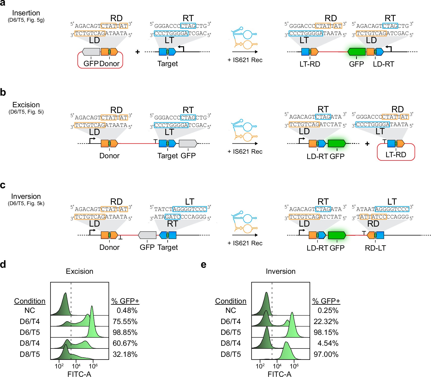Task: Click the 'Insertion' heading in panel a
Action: click(26, 13)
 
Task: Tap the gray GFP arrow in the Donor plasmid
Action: click(91, 52)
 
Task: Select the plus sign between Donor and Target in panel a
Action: click(137, 52)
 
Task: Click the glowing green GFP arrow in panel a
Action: click(356, 52)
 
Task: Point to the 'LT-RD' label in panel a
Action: click(310, 64)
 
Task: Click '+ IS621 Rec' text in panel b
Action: click(245, 151)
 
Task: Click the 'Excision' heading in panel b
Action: click(26, 105)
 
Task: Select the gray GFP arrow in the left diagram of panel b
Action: click(188, 144)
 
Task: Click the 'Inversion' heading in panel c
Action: click(26, 196)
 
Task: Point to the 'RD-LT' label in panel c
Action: click(375, 248)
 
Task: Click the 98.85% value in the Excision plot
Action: click(125, 332)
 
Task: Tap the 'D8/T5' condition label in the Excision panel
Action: click(30, 354)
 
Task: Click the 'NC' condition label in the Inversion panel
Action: click(231, 310)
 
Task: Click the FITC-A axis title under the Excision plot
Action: click(79, 374)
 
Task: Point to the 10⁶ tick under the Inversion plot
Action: click(294, 366)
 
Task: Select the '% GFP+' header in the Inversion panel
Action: click(326, 301)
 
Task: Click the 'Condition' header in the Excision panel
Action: click(30, 301)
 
